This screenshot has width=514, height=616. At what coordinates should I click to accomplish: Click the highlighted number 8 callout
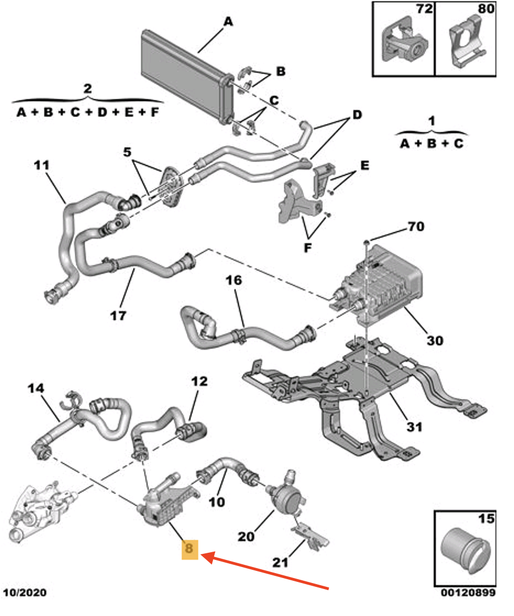[x=190, y=548]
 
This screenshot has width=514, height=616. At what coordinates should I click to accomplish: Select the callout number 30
[x=434, y=341]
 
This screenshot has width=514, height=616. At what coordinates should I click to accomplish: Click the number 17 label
[x=118, y=316]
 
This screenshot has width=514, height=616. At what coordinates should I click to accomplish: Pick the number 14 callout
[x=36, y=388]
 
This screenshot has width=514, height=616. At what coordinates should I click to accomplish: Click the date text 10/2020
[x=25, y=593]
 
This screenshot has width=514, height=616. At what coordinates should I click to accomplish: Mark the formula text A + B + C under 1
[x=432, y=144]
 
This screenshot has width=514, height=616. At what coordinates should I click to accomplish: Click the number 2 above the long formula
[x=88, y=89]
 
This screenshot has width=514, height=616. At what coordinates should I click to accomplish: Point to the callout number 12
[x=200, y=381]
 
